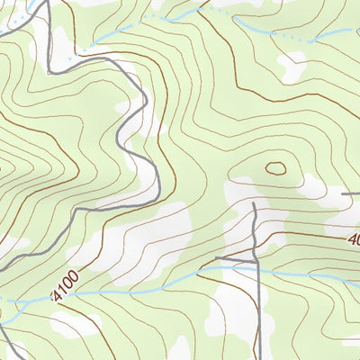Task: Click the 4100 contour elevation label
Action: click(66, 290)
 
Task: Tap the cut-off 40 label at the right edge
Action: click(353, 240)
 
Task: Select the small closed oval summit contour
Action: click(274, 167)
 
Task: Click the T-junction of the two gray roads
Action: click(256, 260)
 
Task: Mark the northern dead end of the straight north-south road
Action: click(255, 204)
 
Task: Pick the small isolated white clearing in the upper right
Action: click(292, 65)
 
